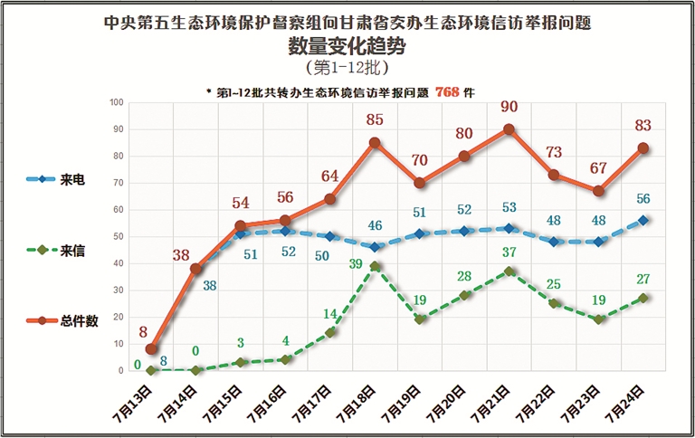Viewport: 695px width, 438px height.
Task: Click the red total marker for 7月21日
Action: point(509,129)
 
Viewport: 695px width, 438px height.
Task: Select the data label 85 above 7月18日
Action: point(376,119)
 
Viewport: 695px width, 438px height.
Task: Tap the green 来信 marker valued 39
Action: point(376,266)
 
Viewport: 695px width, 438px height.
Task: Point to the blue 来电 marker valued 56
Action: point(643,220)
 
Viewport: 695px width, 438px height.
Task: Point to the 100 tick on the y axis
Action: point(116,102)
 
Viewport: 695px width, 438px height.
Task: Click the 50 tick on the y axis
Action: point(118,236)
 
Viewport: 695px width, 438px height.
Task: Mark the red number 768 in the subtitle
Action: point(447,92)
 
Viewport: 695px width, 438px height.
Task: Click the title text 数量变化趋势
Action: point(347,45)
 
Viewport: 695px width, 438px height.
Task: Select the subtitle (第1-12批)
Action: point(347,68)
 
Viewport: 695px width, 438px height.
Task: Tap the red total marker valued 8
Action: point(152,349)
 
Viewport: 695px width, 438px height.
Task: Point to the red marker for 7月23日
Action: point(598,191)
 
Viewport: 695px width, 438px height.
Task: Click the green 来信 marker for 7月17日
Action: point(330,333)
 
